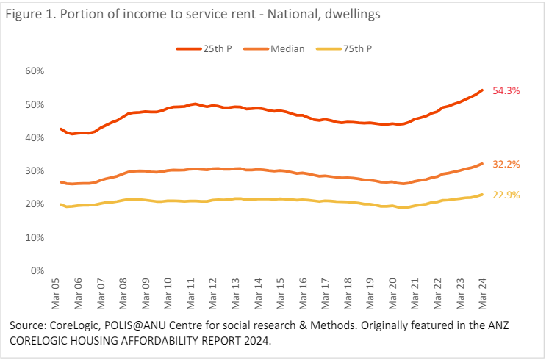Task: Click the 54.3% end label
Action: click(x=507, y=91)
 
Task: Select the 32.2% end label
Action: click(x=507, y=165)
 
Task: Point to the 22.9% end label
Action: click(x=507, y=195)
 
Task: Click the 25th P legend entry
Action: click(x=216, y=48)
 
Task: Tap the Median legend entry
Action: click(x=287, y=48)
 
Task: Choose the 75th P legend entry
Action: click(x=356, y=48)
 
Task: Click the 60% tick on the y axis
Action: click(x=35, y=71)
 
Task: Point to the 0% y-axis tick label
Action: click(x=37, y=271)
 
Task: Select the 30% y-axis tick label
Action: click(x=35, y=171)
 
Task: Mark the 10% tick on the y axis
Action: click(x=35, y=238)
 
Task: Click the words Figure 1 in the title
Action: click(x=29, y=15)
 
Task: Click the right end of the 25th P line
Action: click(x=482, y=90)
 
